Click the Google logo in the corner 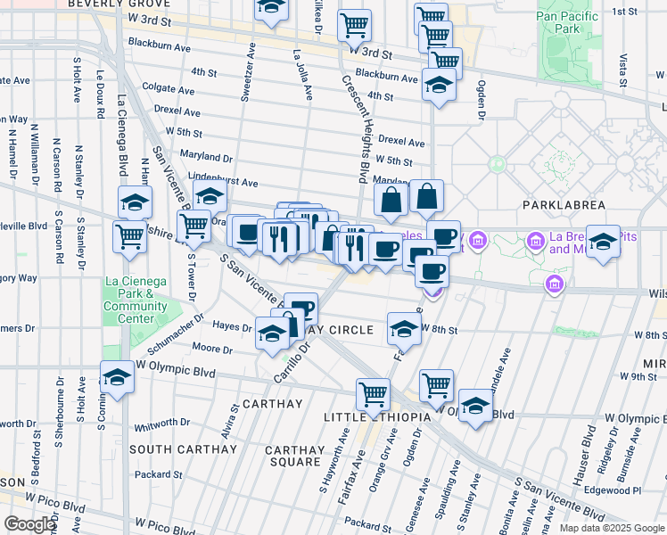29,524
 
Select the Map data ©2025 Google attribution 611,528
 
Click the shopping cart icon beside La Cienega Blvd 130,235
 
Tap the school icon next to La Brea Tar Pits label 603,242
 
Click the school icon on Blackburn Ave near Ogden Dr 438,86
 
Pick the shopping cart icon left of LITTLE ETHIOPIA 373,392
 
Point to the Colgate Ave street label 168,90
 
